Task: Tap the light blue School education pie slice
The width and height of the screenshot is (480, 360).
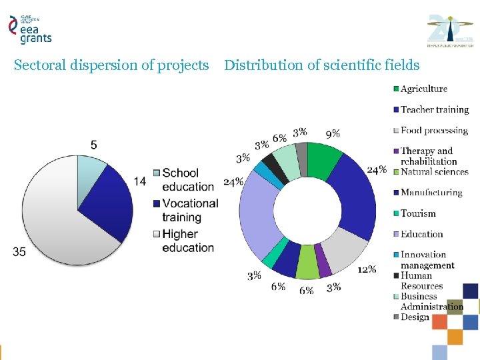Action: (x=90, y=170)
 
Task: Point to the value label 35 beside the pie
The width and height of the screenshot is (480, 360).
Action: (x=19, y=251)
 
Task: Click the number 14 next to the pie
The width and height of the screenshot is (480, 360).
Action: (x=139, y=181)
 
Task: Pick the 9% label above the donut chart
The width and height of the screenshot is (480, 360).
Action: (x=333, y=133)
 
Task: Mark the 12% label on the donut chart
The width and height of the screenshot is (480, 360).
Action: (x=367, y=269)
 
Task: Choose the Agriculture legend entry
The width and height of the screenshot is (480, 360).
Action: (x=423, y=89)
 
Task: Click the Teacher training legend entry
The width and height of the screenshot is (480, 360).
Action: (x=433, y=109)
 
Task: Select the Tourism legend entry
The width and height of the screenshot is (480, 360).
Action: (x=417, y=213)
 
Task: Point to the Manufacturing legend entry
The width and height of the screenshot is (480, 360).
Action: (x=431, y=193)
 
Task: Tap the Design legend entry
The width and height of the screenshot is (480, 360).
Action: (x=414, y=317)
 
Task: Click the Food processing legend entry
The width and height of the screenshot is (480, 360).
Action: (x=433, y=131)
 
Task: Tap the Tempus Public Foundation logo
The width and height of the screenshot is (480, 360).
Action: (x=450, y=30)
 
